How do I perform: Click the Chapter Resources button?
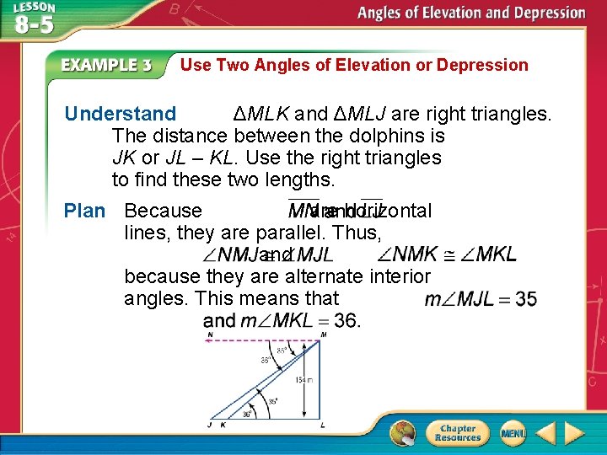[x=457, y=433]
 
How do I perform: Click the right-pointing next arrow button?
[x=575, y=434]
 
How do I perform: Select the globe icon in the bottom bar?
[x=403, y=434]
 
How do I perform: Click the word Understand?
[x=121, y=114]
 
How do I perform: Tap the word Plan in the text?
[x=84, y=211]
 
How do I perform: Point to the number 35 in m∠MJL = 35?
[x=525, y=299]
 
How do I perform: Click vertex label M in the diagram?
[x=324, y=335]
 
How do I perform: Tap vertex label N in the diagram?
[x=209, y=335]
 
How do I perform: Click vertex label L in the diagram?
[x=324, y=424]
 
